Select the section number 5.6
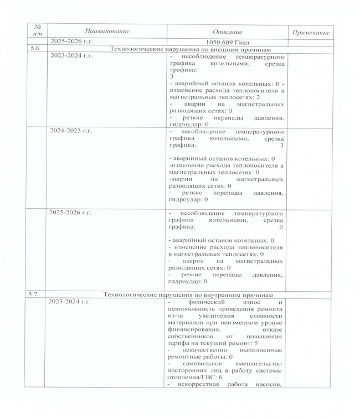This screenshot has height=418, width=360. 35,49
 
